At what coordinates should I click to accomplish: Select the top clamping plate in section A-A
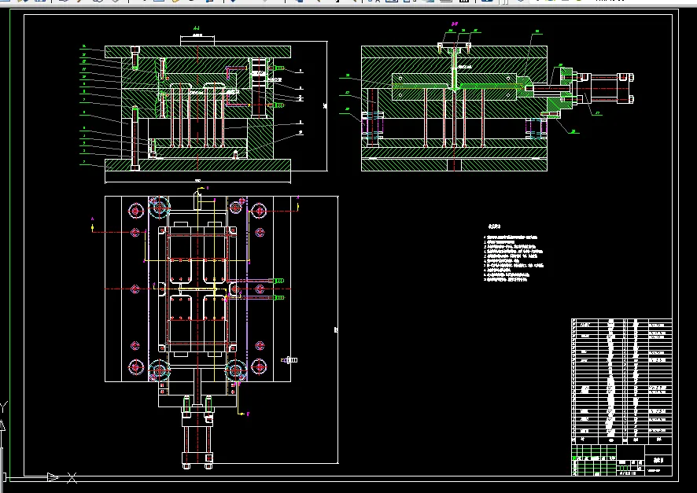pos(197,52)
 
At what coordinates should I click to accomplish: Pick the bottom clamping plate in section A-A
pos(197,164)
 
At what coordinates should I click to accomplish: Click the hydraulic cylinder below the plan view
pos(197,436)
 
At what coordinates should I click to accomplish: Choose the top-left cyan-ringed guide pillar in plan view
pos(159,208)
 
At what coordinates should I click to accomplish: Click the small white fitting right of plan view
pos(289,360)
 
